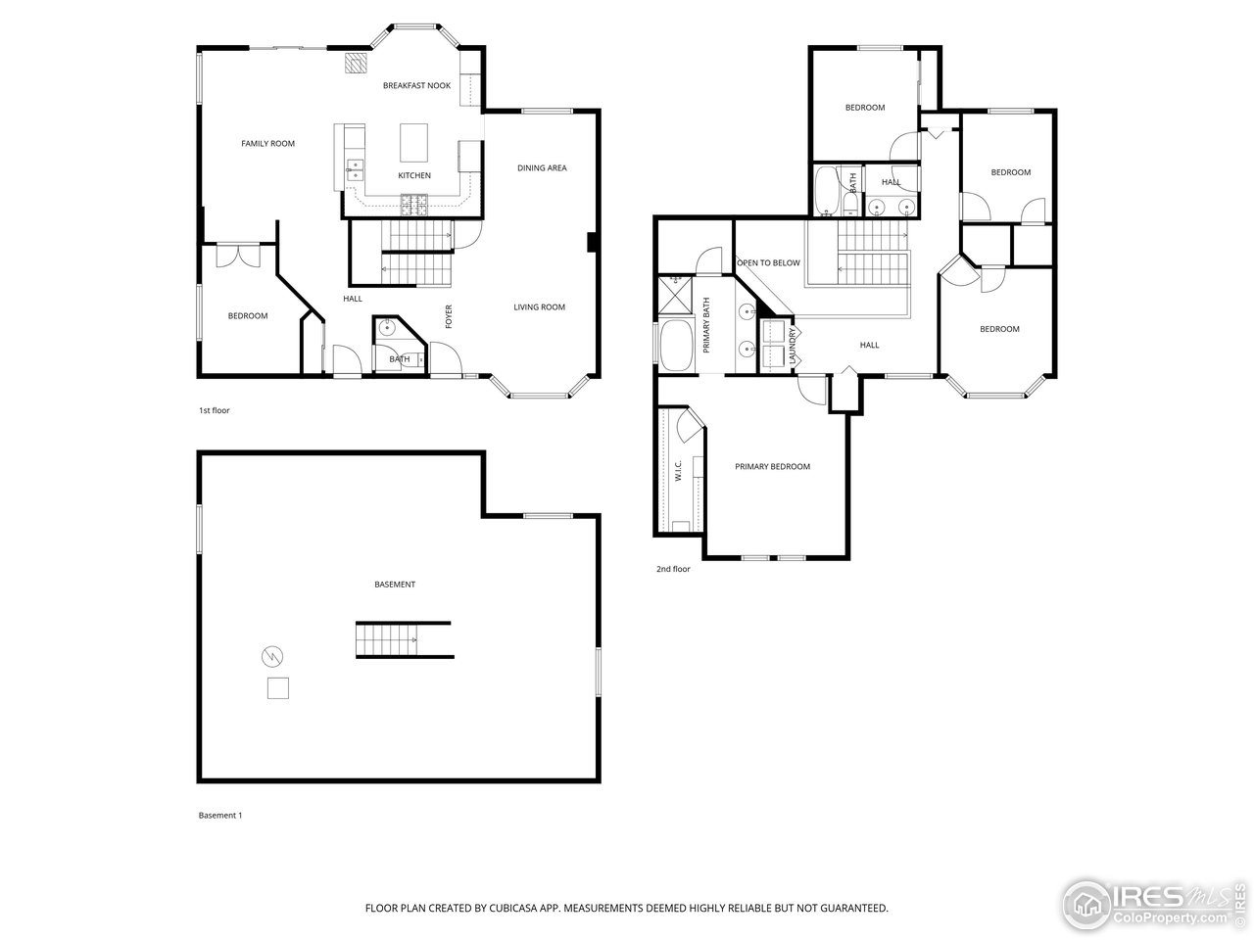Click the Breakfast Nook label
[x=416, y=85]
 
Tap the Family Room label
[x=267, y=144]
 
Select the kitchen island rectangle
[x=413, y=143]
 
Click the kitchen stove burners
[x=414, y=205]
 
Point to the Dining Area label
[x=542, y=167]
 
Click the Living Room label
[x=539, y=307]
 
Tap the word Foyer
[x=449, y=316]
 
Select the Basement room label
[x=395, y=585]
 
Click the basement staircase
[x=386, y=639]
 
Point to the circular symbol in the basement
[x=272, y=656]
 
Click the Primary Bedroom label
[x=772, y=467]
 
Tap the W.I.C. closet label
[x=678, y=471]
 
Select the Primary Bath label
[x=706, y=325]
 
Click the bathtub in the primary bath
[x=676, y=347]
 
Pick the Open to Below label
[x=768, y=263]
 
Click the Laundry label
[x=793, y=347]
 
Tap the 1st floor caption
[x=215, y=410]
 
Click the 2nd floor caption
[x=673, y=569]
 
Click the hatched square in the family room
[x=356, y=63]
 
